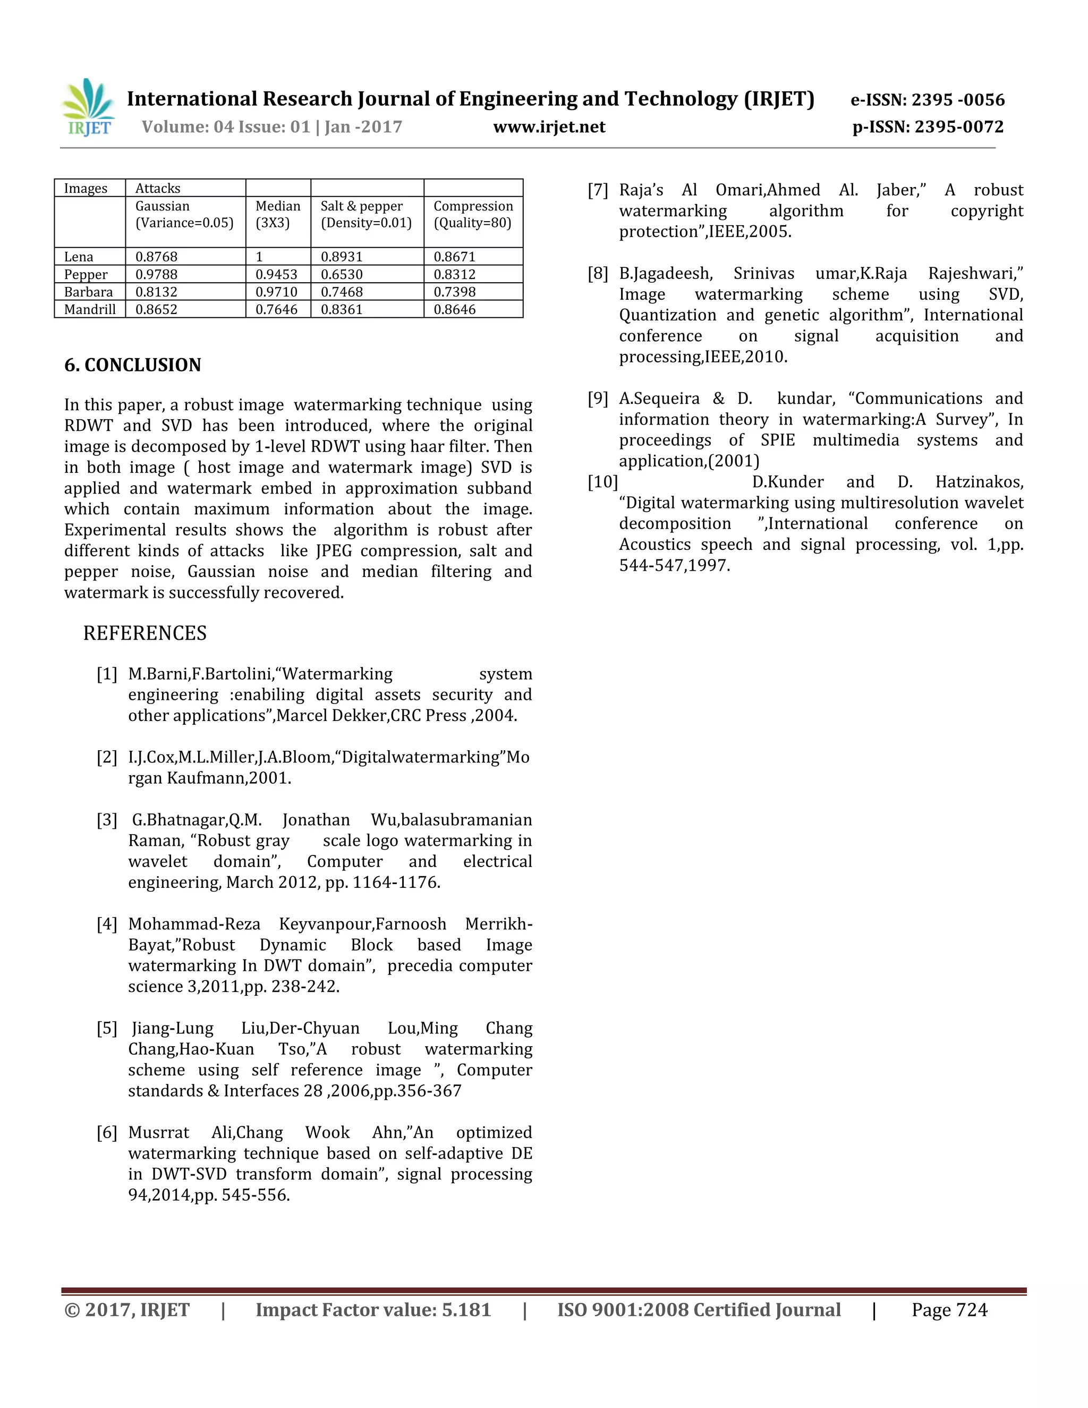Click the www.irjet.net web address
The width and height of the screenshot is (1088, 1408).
pos(549,127)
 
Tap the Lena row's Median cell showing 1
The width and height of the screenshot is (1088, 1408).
pos(260,257)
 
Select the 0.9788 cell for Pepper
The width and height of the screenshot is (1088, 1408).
pos(156,275)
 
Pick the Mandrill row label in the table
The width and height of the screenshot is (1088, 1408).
pos(90,309)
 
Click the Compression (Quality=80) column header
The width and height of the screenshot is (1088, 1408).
pos(473,215)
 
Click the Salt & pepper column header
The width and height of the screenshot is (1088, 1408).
pos(365,215)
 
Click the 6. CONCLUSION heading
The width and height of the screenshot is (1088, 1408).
pos(133,365)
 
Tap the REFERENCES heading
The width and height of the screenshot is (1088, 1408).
pos(145,633)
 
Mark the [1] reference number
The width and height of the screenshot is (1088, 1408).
pos(107,674)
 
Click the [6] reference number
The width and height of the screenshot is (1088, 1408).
pos(107,1133)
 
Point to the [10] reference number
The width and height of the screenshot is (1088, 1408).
pos(602,482)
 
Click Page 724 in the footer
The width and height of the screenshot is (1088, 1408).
pos(949,1310)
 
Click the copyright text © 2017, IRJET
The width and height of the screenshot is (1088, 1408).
pos(127,1310)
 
